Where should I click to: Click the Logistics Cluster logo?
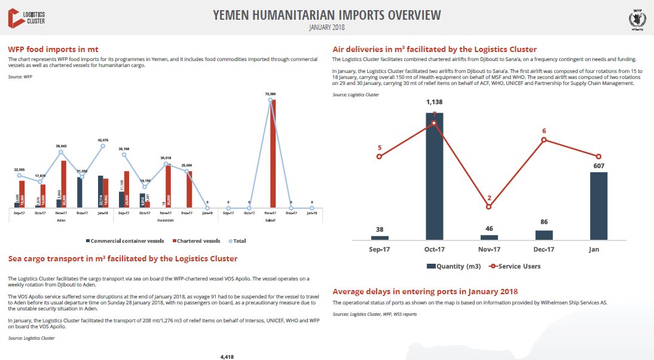(x=27, y=17)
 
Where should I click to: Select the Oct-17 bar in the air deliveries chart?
(x=435, y=176)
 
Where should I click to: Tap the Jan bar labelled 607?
(x=598, y=206)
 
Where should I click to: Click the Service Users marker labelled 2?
(x=489, y=207)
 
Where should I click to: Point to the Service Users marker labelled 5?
(x=380, y=157)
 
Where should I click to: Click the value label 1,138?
(x=435, y=102)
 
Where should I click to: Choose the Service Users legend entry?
(x=514, y=266)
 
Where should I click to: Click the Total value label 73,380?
(x=270, y=94)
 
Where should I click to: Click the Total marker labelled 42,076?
(x=103, y=146)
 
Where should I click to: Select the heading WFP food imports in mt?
(x=53, y=49)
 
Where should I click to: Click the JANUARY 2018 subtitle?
(x=326, y=28)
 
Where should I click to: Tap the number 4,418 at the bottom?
(x=227, y=356)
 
